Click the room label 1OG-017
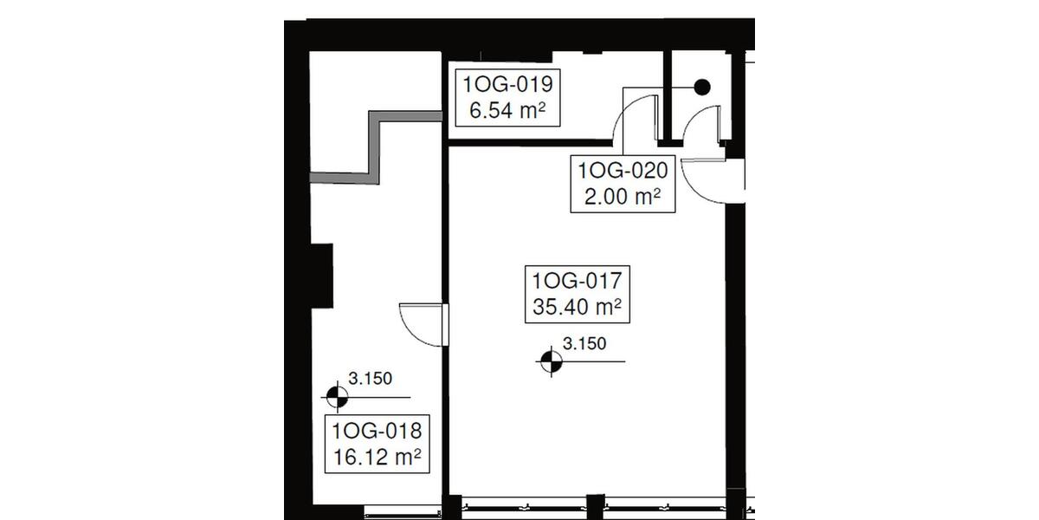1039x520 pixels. pos(578,282)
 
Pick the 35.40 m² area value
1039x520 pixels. pos(578,307)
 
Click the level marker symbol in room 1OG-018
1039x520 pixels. pos(335,397)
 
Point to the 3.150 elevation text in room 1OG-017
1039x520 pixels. pos(584,344)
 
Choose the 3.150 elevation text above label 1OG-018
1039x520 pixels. pos(371,378)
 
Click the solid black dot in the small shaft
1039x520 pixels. pos(702,87)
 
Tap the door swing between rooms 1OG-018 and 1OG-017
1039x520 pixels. pos(422,324)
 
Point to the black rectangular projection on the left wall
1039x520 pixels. pos(321,276)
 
